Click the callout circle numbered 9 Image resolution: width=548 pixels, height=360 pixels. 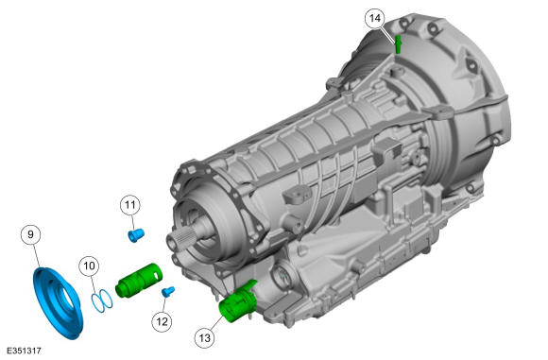point(31,234)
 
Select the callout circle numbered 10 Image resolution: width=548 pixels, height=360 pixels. point(89,266)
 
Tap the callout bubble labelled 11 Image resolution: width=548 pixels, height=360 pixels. point(130,205)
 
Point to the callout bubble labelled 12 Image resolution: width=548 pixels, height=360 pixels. point(162,321)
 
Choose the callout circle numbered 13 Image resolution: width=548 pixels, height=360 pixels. point(204,338)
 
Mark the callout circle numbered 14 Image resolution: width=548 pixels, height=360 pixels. point(375,18)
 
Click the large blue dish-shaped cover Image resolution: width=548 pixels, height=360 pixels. point(58,303)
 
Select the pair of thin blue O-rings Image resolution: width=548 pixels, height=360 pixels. point(102,300)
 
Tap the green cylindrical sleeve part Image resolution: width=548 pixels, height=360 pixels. point(139,280)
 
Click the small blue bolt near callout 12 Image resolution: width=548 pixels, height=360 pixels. point(168,291)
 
